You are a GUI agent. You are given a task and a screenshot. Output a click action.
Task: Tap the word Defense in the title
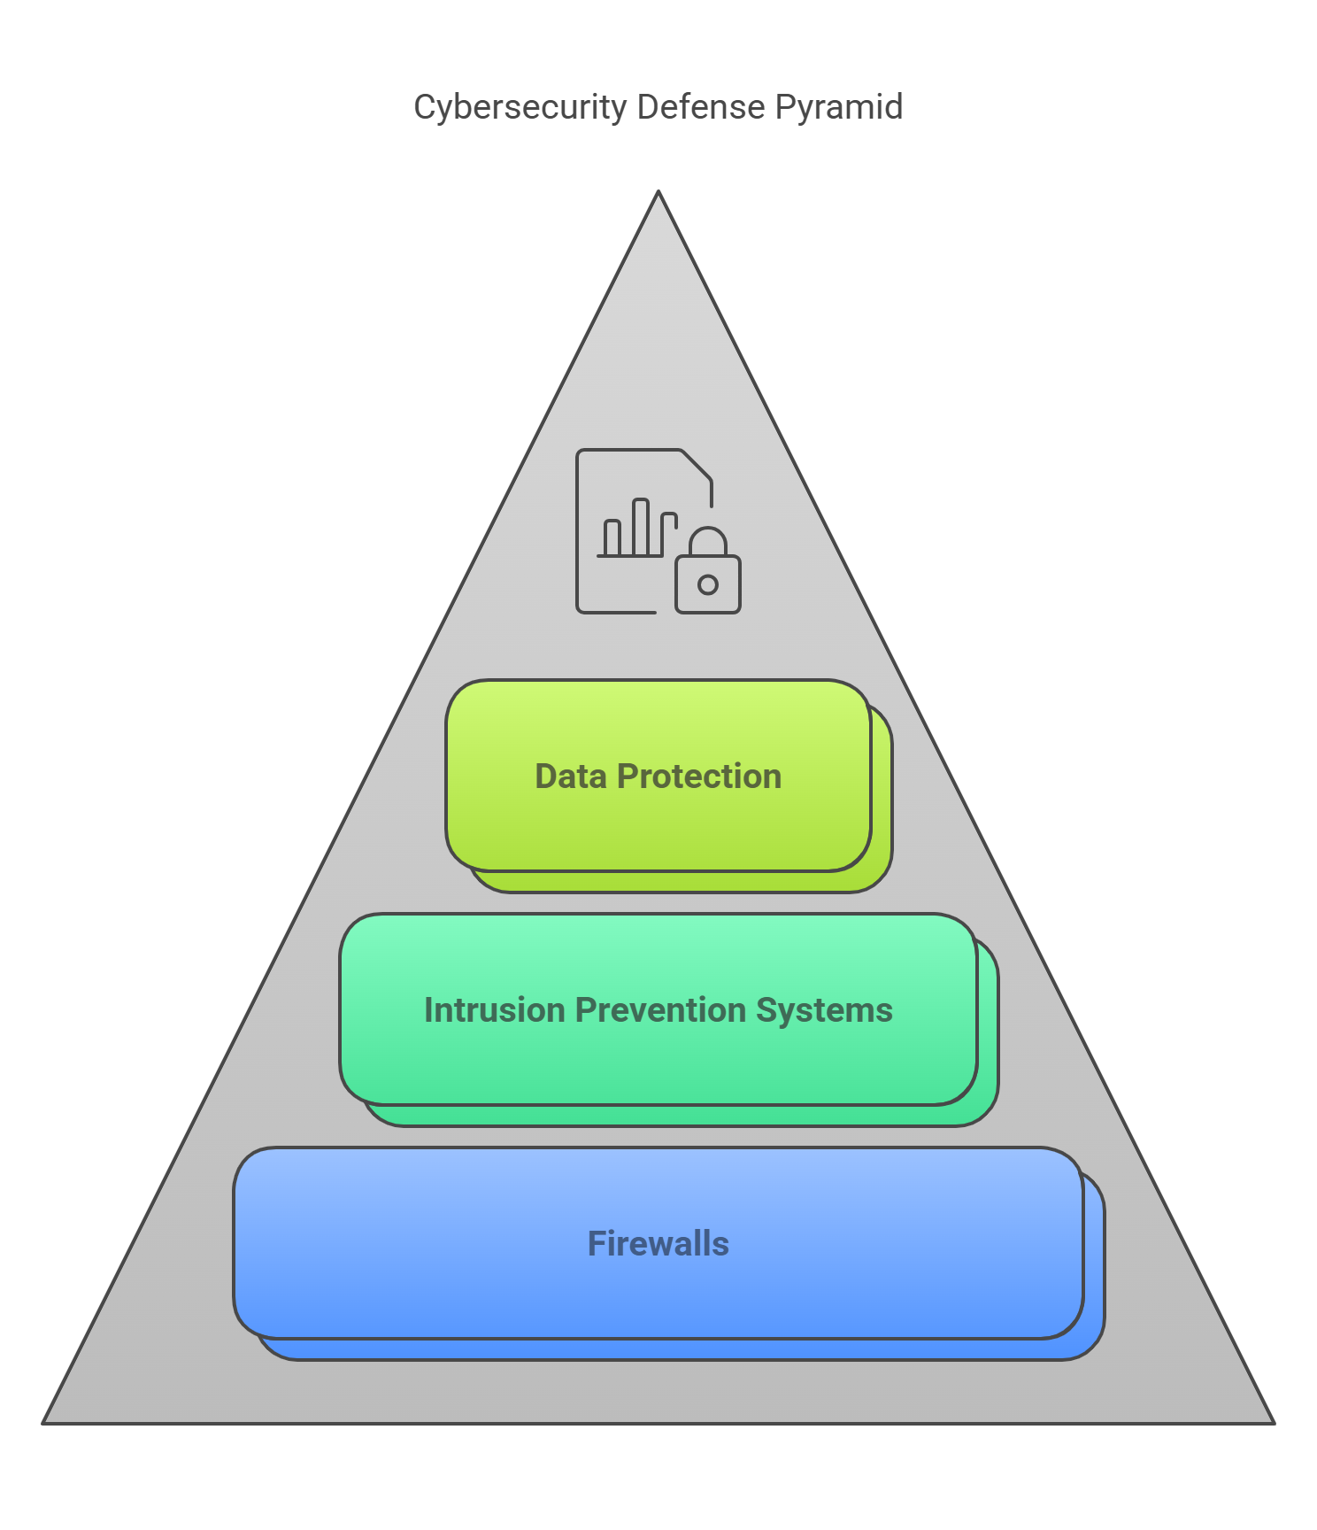pos(700,107)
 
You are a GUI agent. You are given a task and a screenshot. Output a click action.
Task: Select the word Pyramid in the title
pos(838,107)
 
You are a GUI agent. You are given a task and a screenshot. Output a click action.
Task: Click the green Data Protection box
pos(658,823)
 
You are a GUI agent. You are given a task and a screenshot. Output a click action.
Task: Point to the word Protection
pos(699,777)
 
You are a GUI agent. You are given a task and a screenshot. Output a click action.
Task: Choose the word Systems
pos(824,1010)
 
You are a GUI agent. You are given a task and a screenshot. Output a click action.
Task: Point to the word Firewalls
pos(658,1244)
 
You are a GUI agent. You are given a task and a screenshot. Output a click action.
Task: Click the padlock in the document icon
pos(708,580)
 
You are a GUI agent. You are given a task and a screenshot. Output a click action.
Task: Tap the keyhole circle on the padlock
pos(708,584)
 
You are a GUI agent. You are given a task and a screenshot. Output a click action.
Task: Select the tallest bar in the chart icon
pos(641,529)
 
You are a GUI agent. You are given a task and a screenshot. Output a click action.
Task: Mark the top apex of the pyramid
pos(658,193)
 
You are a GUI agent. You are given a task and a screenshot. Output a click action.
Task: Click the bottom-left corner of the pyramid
pos(44,1422)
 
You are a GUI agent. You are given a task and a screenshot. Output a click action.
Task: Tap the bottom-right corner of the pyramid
pos(1273,1422)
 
